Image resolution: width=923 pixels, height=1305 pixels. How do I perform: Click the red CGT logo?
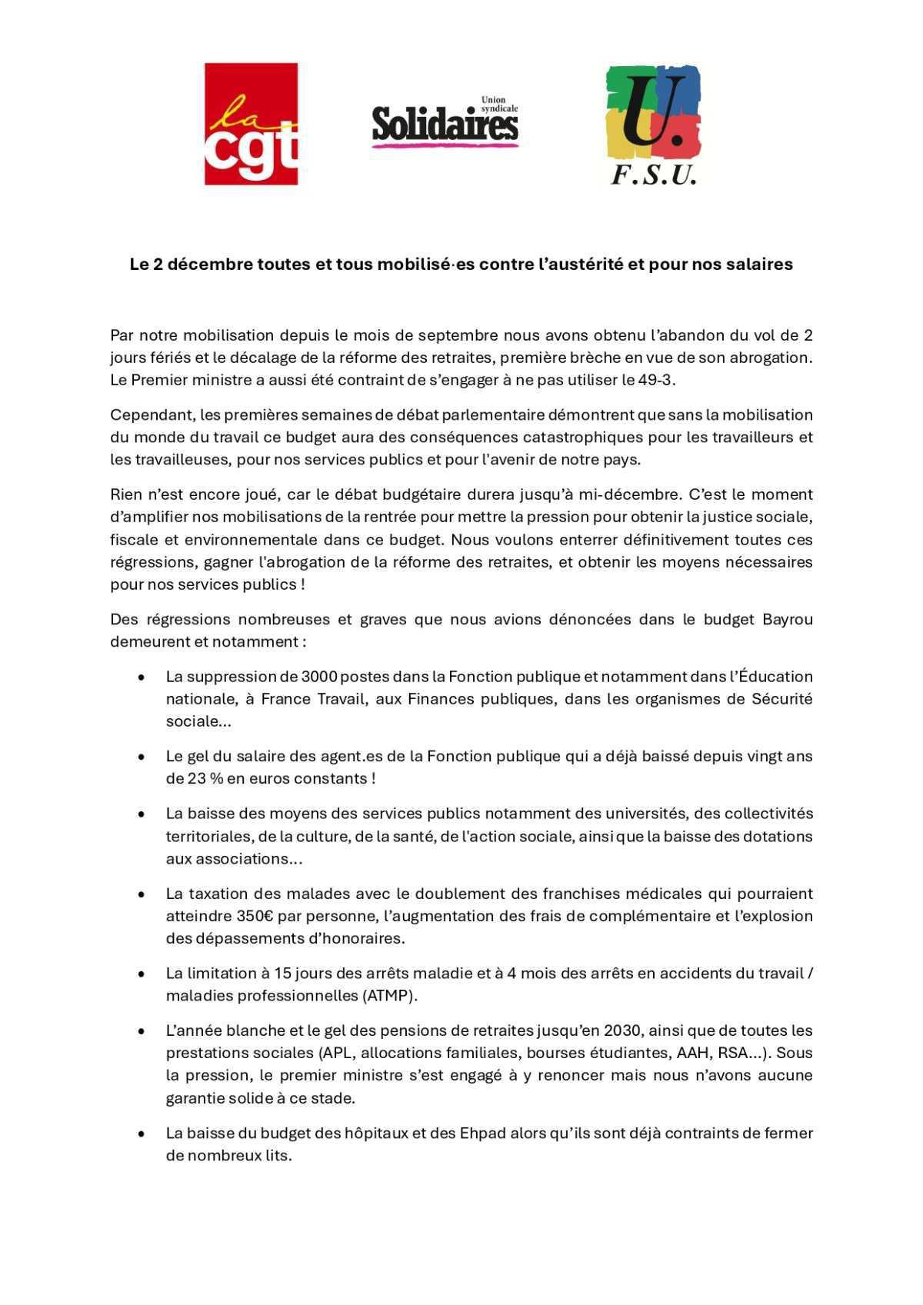251,124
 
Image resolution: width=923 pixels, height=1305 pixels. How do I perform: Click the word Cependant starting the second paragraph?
152,415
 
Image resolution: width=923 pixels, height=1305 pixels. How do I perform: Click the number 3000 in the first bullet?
319,677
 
